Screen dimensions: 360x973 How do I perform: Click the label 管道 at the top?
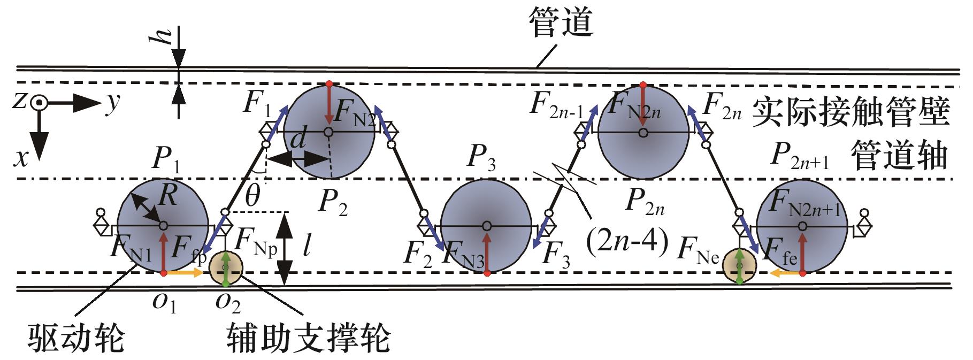tap(560, 24)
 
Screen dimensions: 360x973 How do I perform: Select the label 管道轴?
tap(899, 156)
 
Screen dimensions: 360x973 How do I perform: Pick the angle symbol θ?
tap(251, 196)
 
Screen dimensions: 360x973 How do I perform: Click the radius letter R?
tap(168, 196)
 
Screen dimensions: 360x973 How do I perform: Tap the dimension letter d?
tap(297, 140)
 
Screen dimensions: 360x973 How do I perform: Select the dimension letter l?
tap(307, 247)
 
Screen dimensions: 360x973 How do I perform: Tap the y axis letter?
tap(111, 104)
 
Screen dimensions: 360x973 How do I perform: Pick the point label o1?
tap(165, 303)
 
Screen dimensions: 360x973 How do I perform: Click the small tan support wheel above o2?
tap(225, 267)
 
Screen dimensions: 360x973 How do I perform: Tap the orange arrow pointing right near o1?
tap(185, 273)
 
